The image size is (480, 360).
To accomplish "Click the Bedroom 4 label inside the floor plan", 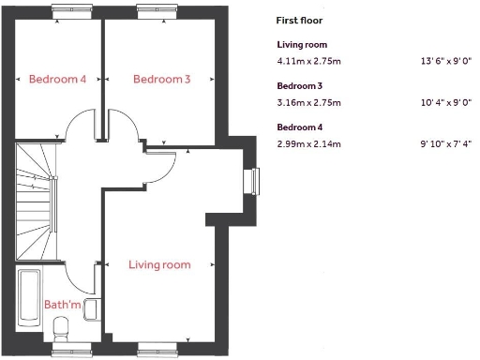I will (x=57, y=80).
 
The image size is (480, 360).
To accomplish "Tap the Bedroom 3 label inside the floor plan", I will (x=161, y=80).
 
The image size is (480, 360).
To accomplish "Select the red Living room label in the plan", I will (x=159, y=265).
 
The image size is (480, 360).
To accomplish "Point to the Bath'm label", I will (x=62, y=305).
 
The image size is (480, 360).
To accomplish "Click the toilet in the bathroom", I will (x=63, y=329).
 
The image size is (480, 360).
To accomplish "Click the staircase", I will (x=37, y=202).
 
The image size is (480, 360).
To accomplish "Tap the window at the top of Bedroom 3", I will (x=151, y=11).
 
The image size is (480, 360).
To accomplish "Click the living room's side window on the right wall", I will (x=251, y=180).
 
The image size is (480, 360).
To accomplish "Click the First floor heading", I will (x=299, y=20).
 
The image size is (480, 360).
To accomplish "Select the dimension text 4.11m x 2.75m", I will (x=309, y=62).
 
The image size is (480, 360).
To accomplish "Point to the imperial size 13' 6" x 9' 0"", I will (x=445, y=62).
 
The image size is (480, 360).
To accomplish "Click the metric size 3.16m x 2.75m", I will (x=309, y=103).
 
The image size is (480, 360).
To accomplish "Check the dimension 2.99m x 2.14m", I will (x=309, y=144).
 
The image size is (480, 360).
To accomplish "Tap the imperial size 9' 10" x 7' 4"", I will (x=445, y=144).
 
